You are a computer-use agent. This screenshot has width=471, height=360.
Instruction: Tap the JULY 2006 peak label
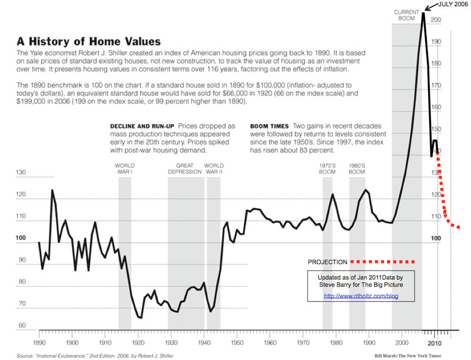tap(453, 5)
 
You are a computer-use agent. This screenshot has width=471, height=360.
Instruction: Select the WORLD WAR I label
tap(125, 169)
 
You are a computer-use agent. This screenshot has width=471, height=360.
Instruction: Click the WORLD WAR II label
tap(213, 169)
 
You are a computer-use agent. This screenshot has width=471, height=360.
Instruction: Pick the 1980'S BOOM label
tap(357, 169)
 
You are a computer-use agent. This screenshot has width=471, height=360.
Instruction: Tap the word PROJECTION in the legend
tap(327, 262)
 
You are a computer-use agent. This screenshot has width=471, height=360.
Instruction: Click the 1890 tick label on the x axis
tap(39, 342)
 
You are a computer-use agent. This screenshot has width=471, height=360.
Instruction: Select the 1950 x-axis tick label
tap(237, 342)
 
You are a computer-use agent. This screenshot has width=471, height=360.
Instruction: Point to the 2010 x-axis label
tap(434, 342)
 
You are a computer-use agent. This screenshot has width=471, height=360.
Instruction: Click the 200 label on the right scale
tap(436, 20)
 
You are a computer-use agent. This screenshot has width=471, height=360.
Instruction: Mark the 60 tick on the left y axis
tap(23, 325)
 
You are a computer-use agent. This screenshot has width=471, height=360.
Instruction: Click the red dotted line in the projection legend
tap(382, 262)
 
